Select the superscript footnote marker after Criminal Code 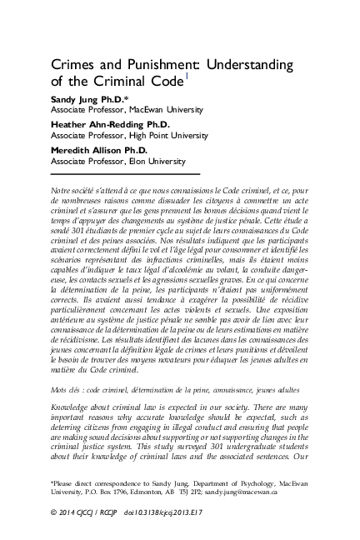point(187,78)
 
